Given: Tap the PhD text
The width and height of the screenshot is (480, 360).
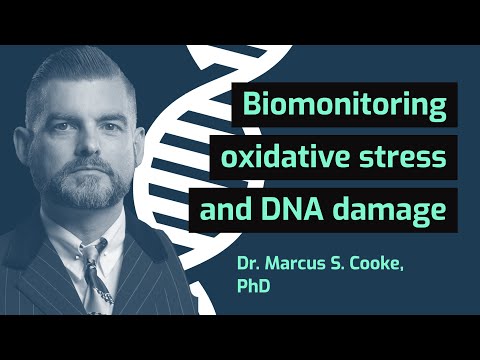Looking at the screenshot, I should (x=254, y=290).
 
